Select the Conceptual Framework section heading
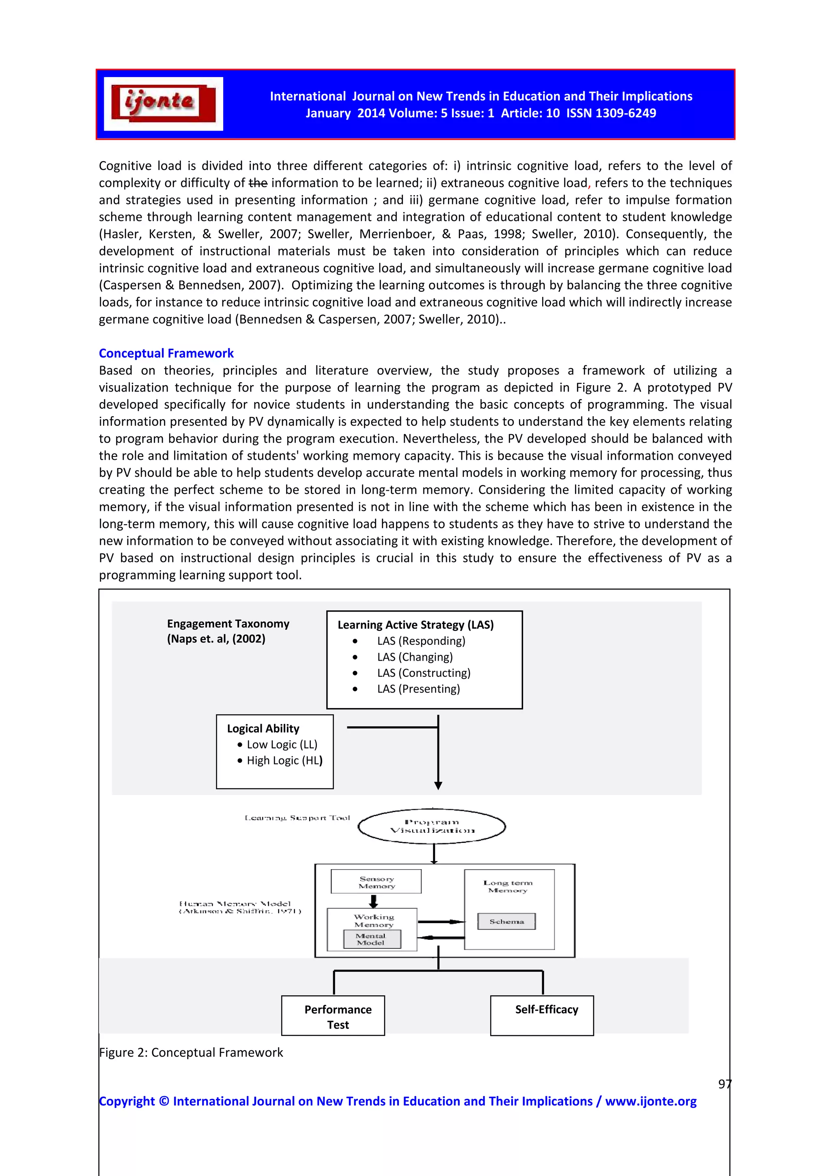pos(166,353)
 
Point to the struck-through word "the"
pos(258,183)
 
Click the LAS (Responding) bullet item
pos(421,641)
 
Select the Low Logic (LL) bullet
pos(282,744)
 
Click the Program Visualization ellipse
pos(432,826)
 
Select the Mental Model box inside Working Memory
pos(371,939)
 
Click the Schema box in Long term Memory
pos(506,922)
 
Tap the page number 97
pos(724,1084)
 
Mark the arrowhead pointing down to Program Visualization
pos(438,785)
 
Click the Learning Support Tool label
pos(297,818)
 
